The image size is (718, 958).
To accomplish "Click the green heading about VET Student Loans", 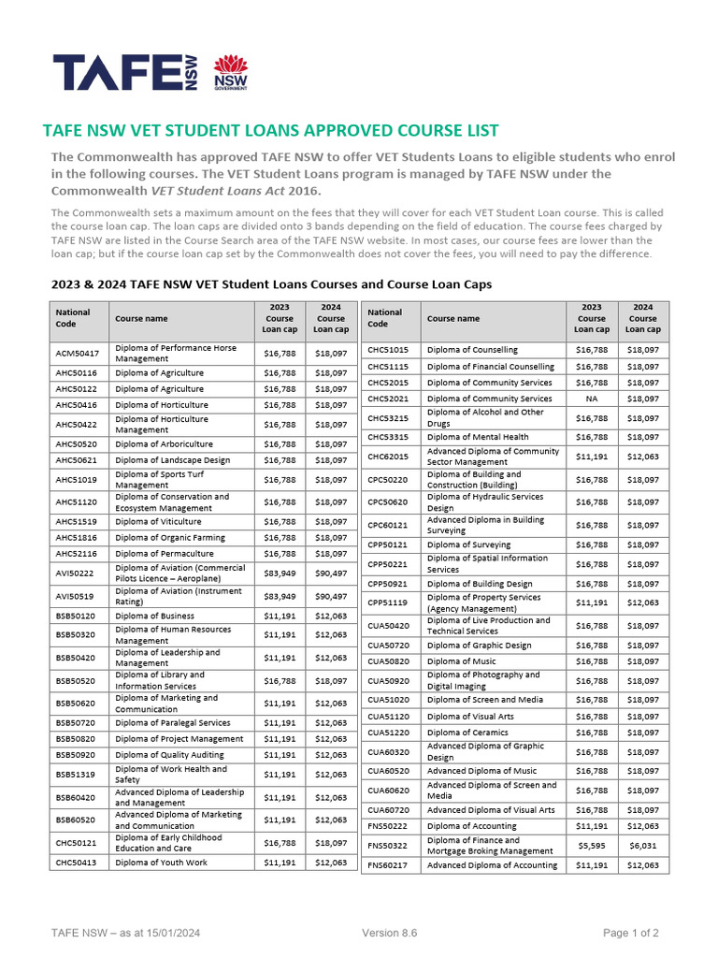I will (x=271, y=131).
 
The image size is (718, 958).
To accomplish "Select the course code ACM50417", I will (x=76, y=353).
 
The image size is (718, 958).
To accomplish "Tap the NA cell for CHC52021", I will (x=591, y=399).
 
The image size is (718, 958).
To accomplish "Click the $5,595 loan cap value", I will (x=591, y=845).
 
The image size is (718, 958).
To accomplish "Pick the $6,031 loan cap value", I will (x=642, y=845).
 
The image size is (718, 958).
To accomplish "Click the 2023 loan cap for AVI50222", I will (x=280, y=573).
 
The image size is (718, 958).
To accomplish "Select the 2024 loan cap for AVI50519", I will (x=330, y=596).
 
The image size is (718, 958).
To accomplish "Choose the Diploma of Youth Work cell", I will (x=161, y=863).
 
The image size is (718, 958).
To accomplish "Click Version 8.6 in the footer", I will (x=389, y=933).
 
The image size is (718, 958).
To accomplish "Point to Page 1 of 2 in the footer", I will (x=631, y=933).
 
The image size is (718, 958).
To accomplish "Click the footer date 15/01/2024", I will (x=167, y=933).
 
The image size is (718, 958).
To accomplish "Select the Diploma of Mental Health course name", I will (x=477, y=437).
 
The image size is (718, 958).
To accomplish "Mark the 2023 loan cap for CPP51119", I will (x=591, y=602).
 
